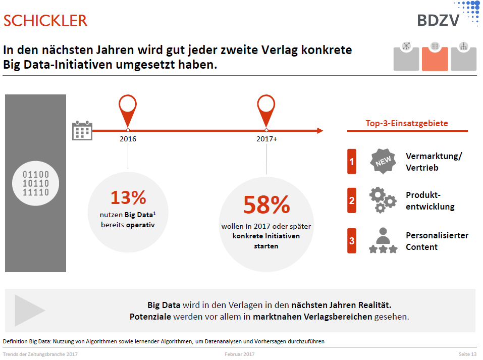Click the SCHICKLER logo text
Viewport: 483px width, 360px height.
pyautogui.click(x=45, y=21)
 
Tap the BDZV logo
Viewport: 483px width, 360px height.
pyautogui.click(x=438, y=20)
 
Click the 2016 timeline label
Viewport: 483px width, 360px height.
pyautogui.click(x=128, y=139)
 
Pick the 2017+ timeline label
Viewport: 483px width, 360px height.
pyautogui.click(x=266, y=139)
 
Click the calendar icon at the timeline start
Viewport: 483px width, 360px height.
pyautogui.click(x=82, y=130)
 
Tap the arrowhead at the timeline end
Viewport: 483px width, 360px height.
pyautogui.click(x=319, y=131)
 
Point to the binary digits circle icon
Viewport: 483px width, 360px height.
pyautogui.click(x=36, y=183)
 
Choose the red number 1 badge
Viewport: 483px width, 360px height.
pyautogui.click(x=352, y=162)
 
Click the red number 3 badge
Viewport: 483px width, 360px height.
pyautogui.click(x=352, y=241)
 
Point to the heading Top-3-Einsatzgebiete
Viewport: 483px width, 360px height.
pyautogui.click(x=407, y=123)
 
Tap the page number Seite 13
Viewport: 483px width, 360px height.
pyautogui.click(x=467, y=354)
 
